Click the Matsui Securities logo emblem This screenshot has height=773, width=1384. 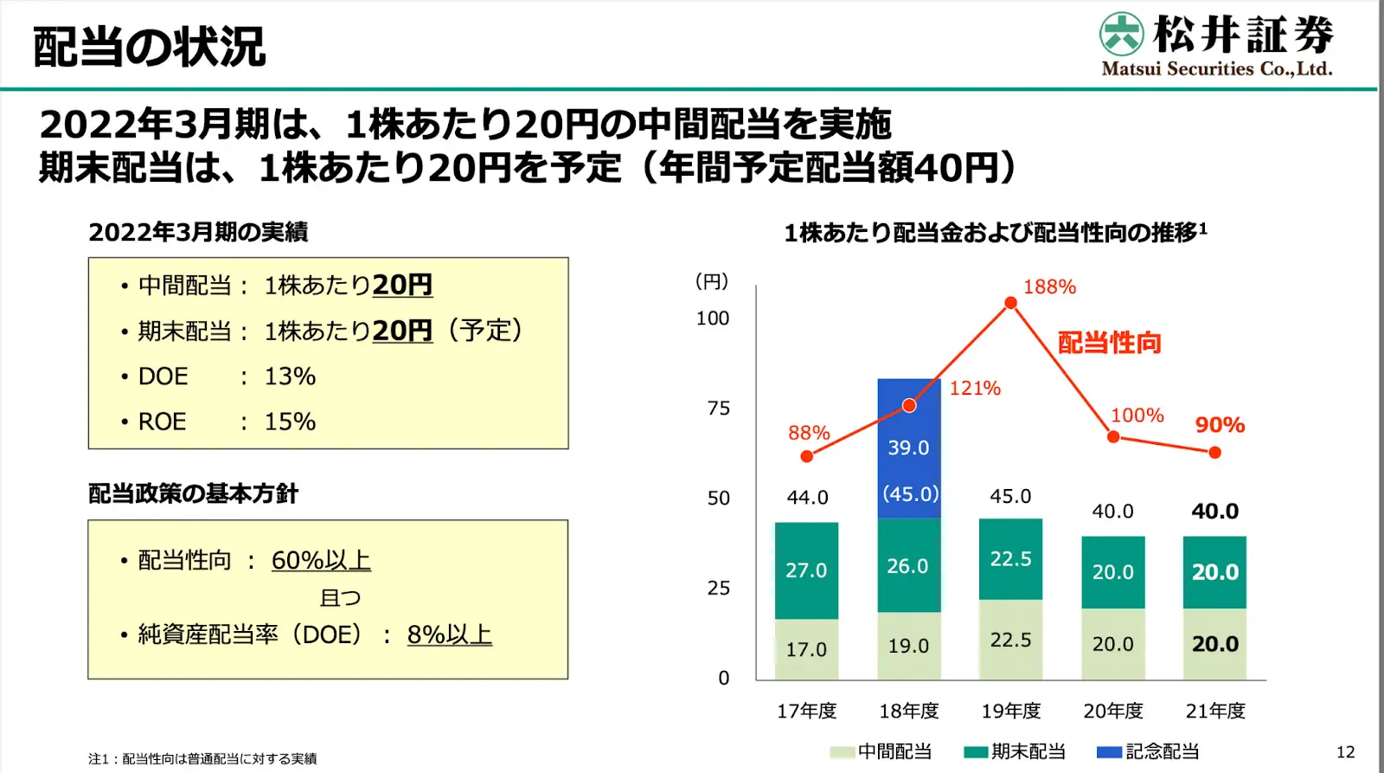pyautogui.click(x=1122, y=35)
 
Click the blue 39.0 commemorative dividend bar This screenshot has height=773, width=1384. pyautogui.click(x=908, y=448)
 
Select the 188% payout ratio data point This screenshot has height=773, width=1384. pyautogui.click(x=1010, y=303)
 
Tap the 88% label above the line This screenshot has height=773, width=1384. pyautogui.click(x=809, y=433)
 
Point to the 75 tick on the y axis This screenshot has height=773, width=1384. pyautogui.click(x=718, y=409)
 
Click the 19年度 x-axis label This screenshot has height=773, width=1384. pyautogui.click(x=1010, y=712)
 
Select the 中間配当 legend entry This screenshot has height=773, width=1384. pyautogui.click(x=881, y=751)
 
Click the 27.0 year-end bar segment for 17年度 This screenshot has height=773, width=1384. pyautogui.click(x=806, y=570)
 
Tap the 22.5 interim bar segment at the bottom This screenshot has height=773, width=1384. pyautogui.click(x=1010, y=641)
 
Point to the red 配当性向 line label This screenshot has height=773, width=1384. pyautogui.click(x=1110, y=343)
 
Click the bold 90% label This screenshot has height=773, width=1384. pyautogui.click(x=1220, y=425)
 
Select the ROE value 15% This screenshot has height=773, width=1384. pyautogui.click(x=290, y=422)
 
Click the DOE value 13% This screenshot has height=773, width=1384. pyautogui.click(x=290, y=377)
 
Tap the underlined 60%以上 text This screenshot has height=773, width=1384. pyautogui.click(x=321, y=561)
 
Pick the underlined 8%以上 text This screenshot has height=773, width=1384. pyautogui.click(x=449, y=635)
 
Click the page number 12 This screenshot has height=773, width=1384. pyautogui.click(x=1345, y=752)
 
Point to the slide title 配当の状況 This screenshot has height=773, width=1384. pyautogui.click(x=150, y=47)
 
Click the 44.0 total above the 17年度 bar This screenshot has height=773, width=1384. pyautogui.click(x=807, y=498)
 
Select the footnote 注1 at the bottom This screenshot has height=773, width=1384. pyautogui.click(x=202, y=759)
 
